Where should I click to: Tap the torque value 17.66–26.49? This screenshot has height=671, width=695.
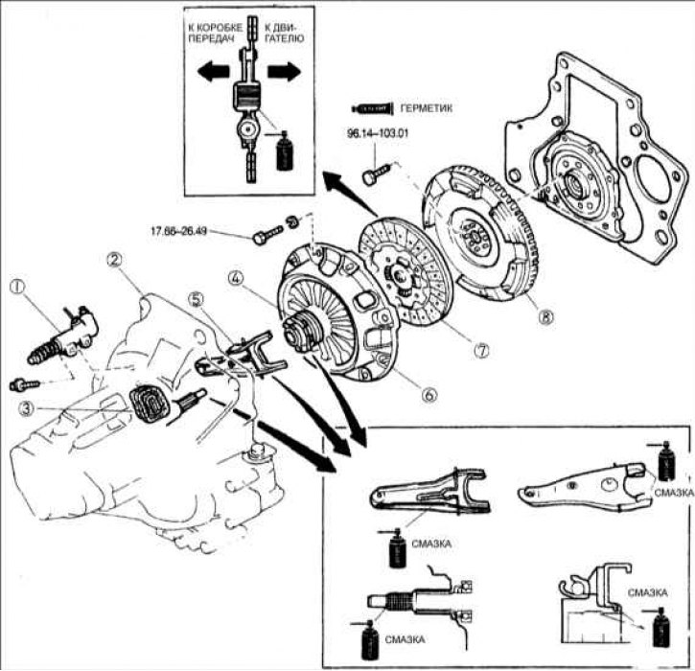tap(179, 231)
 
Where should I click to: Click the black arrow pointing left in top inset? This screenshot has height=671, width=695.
tap(213, 72)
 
